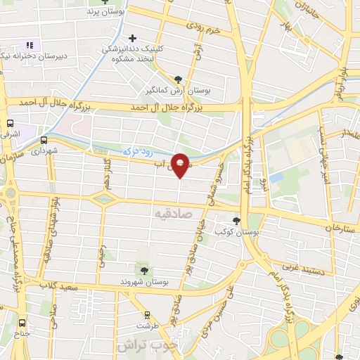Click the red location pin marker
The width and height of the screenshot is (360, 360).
click(x=181, y=165)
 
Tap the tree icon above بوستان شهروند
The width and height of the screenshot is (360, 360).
click(x=144, y=270)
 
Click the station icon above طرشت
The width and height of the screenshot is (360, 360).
click(x=148, y=314)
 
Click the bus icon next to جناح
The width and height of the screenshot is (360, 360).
click(x=21, y=323)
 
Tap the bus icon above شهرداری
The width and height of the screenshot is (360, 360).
click(x=45, y=139)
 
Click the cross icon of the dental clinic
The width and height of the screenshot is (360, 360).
click(x=132, y=38)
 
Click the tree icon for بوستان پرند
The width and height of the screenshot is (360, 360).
click(x=105, y=2)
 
